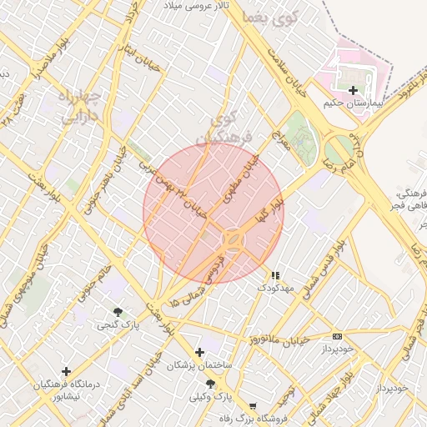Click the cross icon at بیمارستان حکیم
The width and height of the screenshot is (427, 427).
pyautogui.click(x=353, y=90)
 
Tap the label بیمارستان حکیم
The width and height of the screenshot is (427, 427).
pyautogui.click(x=354, y=104)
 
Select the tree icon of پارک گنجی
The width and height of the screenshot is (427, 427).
pyautogui.click(x=117, y=312)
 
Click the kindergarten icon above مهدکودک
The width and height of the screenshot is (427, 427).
pyautogui.click(x=276, y=274)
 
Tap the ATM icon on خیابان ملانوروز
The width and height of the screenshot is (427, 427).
pyautogui.click(x=337, y=336)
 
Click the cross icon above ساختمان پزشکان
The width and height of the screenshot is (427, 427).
pyautogui.click(x=199, y=353)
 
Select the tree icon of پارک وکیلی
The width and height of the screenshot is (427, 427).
pyautogui.click(x=210, y=384)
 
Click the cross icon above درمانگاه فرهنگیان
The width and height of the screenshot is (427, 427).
pyautogui.click(x=66, y=371)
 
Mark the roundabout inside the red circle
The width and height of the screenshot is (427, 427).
pyautogui.click(x=233, y=241)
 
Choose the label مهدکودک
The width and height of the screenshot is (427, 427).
pyautogui.click(x=276, y=288)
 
